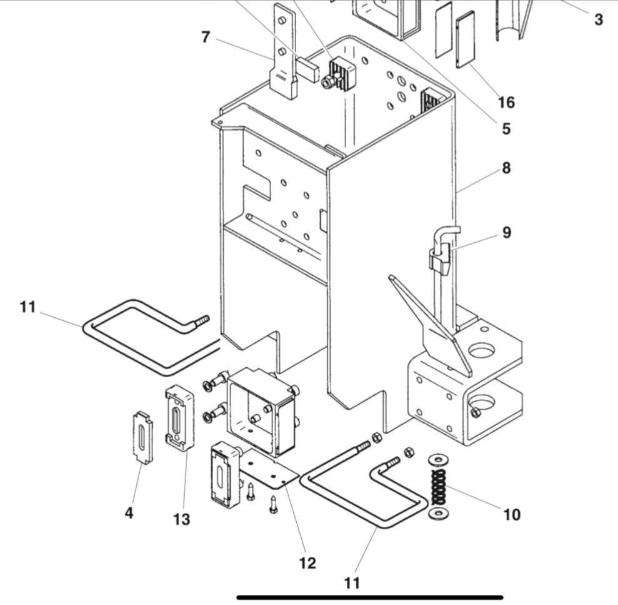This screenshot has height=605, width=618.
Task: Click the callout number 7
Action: [206, 37]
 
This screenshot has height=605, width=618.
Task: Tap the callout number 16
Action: [506, 101]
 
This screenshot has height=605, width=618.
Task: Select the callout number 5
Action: [506, 129]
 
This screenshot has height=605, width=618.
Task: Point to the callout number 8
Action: [506, 168]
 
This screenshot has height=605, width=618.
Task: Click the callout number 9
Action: [506, 233]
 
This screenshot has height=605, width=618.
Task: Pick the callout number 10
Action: [511, 515]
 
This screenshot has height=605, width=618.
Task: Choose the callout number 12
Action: [307, 563]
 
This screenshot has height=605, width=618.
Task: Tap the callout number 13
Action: [182, 519]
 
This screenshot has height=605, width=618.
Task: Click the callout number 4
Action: [129, 513]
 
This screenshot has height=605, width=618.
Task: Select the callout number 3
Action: [599, 19]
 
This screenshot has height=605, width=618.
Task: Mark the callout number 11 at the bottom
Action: [352, 583]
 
